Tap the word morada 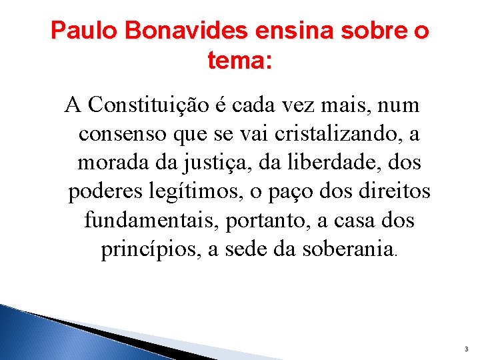110,163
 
